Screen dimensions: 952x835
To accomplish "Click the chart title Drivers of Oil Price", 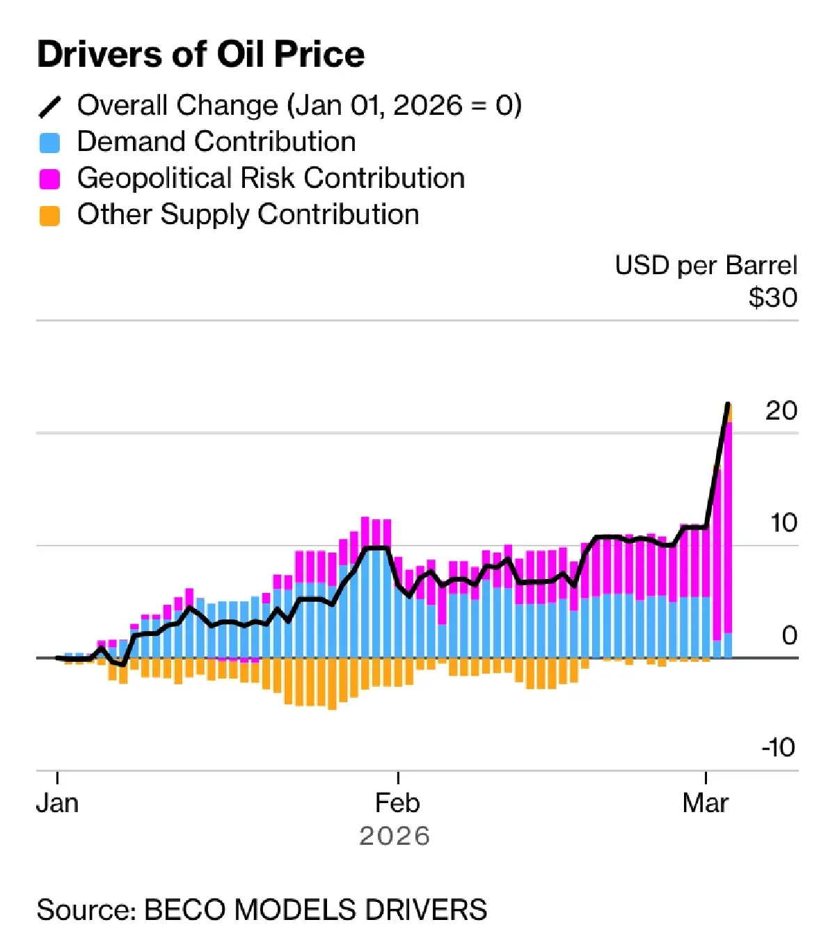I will click(x=200, y=54).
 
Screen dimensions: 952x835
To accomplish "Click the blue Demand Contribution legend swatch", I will click(x=49, y=143).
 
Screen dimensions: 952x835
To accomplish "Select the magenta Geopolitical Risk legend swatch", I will click(x=49, y=179).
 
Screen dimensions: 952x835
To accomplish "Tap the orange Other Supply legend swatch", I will click(x=49, y=216).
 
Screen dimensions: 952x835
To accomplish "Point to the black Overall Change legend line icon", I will click(x=49, y=106).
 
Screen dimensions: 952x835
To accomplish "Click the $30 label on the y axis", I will click(x=772, y=298).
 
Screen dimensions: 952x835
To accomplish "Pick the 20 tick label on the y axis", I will click(x=781, y=411).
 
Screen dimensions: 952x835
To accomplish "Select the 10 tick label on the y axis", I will click(x=783, y=523).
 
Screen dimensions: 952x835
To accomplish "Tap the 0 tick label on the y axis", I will click(x=788, y=635).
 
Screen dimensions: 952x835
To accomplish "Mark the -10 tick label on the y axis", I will click(x=778, y=747).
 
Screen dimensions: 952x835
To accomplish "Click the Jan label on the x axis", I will click(x=57, y=803).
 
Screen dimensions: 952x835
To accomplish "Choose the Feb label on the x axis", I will click(x=397, y=803).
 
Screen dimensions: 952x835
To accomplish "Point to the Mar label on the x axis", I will click(x=705, y=803).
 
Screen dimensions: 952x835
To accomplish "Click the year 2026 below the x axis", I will click(x=395, y=836).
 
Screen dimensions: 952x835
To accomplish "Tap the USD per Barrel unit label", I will click(x=706, y=266).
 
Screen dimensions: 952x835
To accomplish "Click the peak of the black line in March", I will click(x=728, y=404).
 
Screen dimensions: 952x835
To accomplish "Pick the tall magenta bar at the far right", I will click(x=728, y=529).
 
